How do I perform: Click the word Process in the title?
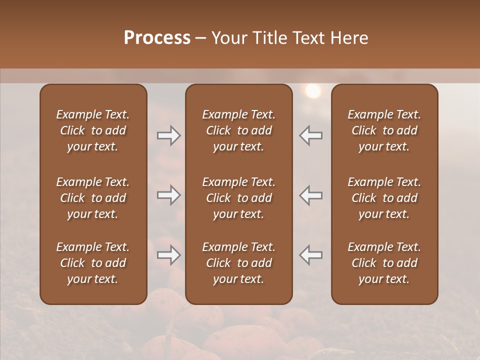tap(157, 38)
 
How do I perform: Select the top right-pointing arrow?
tap(168, 135)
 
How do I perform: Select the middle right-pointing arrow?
tap(168, 195)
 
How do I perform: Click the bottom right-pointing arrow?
tap(168, 255)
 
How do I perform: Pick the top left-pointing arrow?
tap(311, 135)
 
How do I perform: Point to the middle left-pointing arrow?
tap(311, 195)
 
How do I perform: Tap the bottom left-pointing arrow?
tap(311, 255)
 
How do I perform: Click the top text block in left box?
tap(93, 130)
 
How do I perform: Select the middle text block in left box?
tap(93, 198)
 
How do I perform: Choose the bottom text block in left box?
tap(93, 263)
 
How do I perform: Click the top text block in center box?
tap(238, 130)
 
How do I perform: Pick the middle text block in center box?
tap(238, 198)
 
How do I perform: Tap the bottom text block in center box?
tap(238, 263)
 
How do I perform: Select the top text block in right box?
tap(384, 130)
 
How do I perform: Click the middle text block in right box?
tap(384, 198)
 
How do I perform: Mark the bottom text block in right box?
tap(384, 263)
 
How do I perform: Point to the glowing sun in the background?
tap(313, 91)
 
